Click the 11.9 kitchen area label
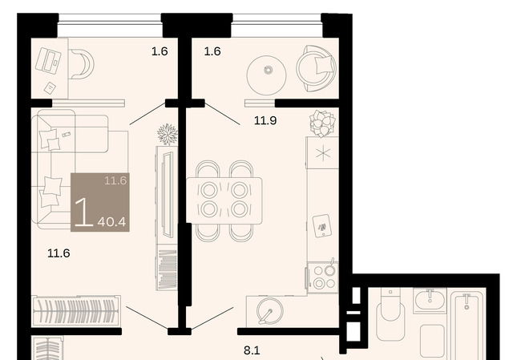[x=265, y=121]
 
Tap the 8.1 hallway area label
[x=252, y=350]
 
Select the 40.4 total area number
[x=111, y=222]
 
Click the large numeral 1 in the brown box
[x=84, y=212]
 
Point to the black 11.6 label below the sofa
[x=59, y=253]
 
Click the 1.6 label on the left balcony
[x=160, y=51]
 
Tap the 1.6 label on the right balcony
[x=212, y=51]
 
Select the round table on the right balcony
[x=267, y=75]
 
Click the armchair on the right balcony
[x=317, y=68]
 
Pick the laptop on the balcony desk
[x=48, y=61]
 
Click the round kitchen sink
[x=269, y=311]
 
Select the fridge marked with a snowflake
[x=322, y=153]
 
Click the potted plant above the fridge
[x=322, y=123]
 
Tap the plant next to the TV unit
[x=168, y=134]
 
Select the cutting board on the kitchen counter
[x=322, y=225]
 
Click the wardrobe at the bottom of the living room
[x=76, y=311]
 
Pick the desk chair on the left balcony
[x=82, y=64]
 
